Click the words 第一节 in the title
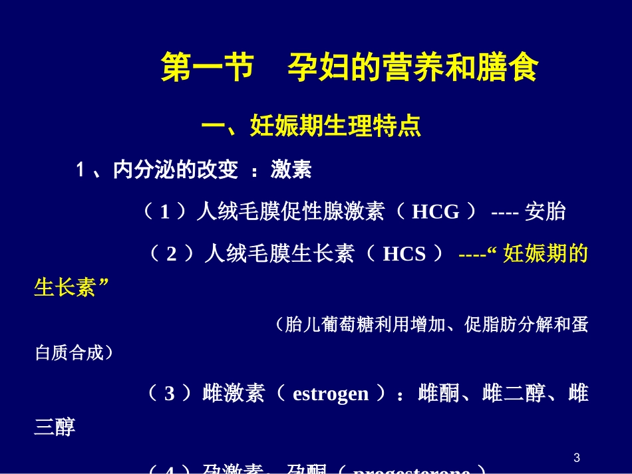click(x=207, y=68)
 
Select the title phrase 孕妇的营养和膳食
click(x=412, y=68)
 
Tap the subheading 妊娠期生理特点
click(x=335, y=126)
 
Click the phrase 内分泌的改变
click(x=176, y=171)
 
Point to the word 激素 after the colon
click(x=291, y=171)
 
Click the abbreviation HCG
click(x=436, y=212)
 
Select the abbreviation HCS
click(x=404, y=254)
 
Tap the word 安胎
click(x=546, y=212)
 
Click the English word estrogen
click(x=331, y=394)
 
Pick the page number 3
click(x=577, y=457)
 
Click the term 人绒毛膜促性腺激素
click(x=291, y=212)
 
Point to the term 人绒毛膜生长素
click(x=279, y=254)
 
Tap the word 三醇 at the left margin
click(x=55, y=427)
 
